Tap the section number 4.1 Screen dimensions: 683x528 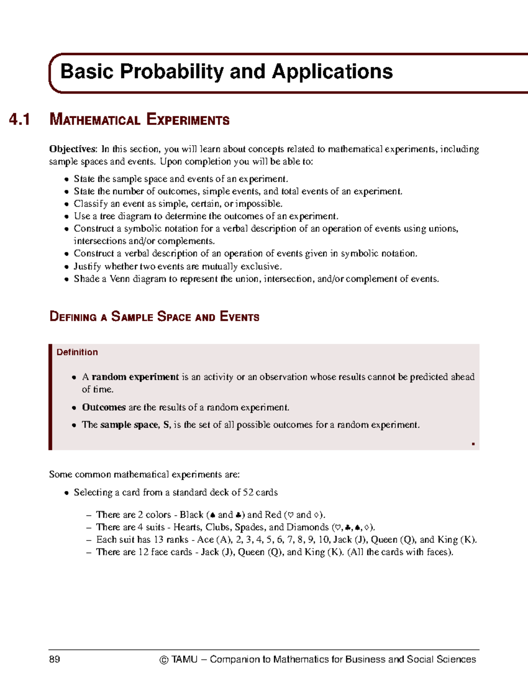click(20, 120)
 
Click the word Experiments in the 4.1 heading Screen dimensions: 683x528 click(188, 120)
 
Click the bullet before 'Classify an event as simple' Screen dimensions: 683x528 click(66, 204)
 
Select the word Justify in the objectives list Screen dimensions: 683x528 click(87, 267)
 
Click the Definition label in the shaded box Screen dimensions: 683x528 click(77, 352)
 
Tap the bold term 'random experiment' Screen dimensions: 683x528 click(135, 377)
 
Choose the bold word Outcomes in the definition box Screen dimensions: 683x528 click(104, 407)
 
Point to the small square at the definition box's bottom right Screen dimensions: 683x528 click(473, 444)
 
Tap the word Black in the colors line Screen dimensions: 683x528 click(191, 515)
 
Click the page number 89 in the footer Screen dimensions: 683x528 click(55, 659)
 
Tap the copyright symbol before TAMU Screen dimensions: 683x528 click(164, 660)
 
